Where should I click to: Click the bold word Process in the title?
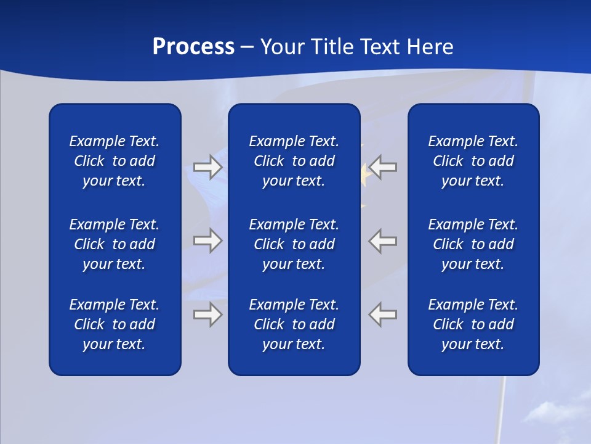[x=193, y=47]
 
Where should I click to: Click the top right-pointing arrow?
[x=207, y=167]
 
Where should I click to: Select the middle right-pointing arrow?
[x=207, y=240]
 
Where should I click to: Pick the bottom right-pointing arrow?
[x=207, y=314]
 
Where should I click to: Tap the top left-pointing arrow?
[x=383, y=167]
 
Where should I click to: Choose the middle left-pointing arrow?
[x=383, y=240]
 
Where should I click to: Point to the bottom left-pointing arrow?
[x=383, y=314]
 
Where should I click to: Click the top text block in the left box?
[x=115, y=161]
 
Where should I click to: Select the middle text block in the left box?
[x=115, y=244]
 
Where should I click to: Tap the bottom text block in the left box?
[x=115, y=324]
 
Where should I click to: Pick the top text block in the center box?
[x=294, y=161]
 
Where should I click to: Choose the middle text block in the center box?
[x=294, y=244]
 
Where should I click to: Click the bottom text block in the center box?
[x=294, y=324]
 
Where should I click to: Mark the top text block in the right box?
[x=473, y=161]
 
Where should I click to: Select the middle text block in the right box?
[x=473, y=244]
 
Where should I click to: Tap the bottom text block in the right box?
[x=473, y=324]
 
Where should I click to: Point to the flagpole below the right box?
[x=501, y=407]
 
